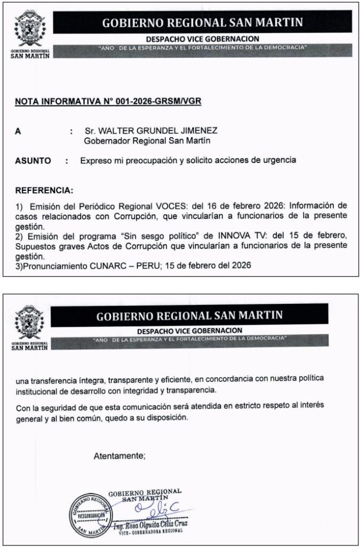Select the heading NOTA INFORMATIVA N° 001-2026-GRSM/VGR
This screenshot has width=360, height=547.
pos(108,101)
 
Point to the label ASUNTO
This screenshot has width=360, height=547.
pos(33,160)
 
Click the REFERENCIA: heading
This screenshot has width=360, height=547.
pos(44,190)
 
